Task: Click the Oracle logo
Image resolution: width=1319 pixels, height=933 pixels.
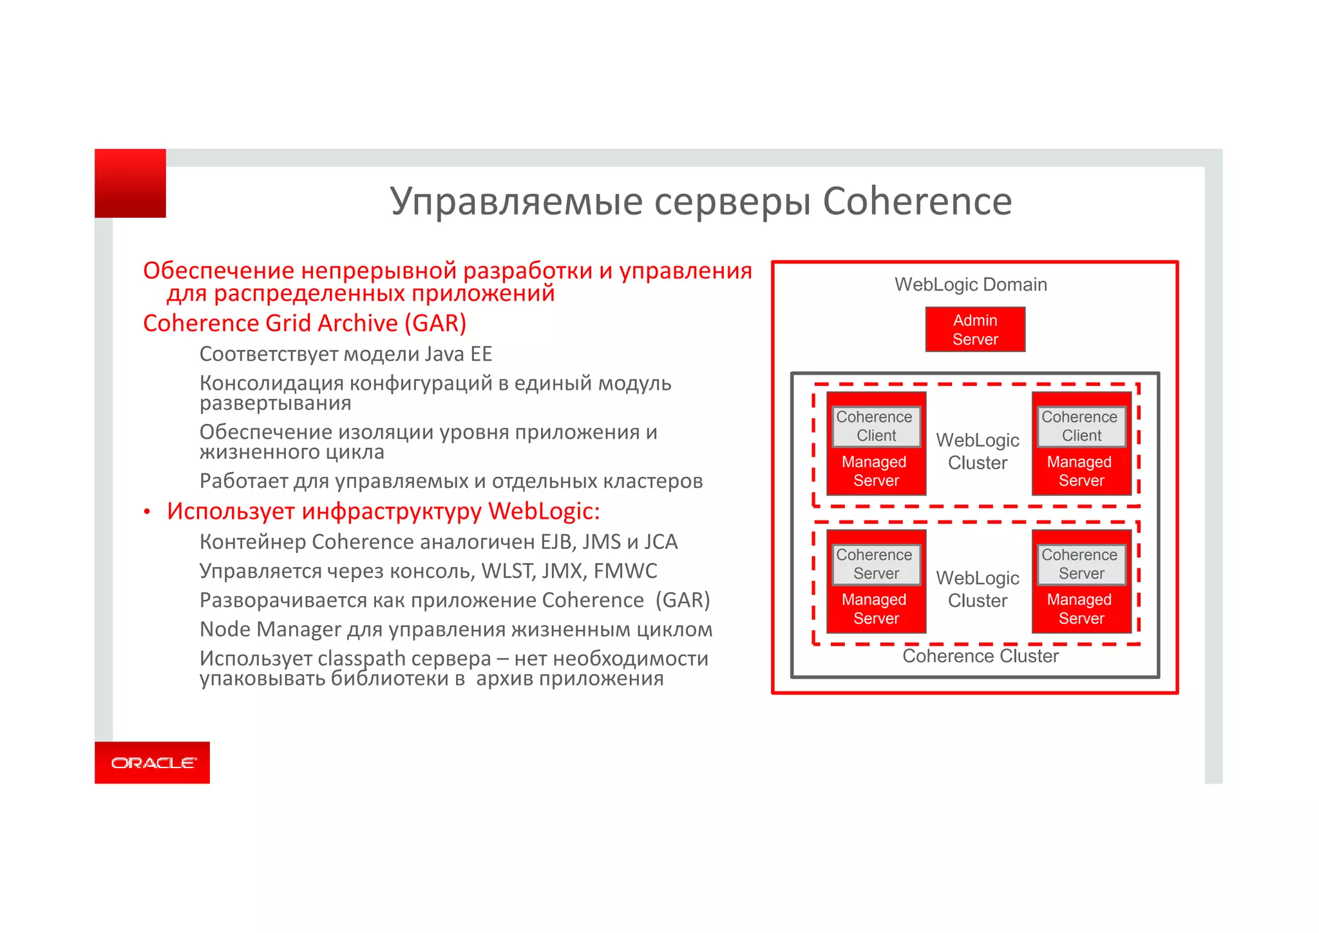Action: click(153, 763)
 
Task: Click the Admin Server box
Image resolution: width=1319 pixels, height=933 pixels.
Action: click(974, 330)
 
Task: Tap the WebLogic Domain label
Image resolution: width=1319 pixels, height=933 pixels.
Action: click(971, 284)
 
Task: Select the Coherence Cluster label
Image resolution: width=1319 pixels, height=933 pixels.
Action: click(980, 656)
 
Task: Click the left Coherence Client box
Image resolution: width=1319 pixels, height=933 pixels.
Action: click(875, 427)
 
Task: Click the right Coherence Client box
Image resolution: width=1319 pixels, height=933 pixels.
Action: click(1081, 427)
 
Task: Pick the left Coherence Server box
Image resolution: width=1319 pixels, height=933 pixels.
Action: click(875, 564)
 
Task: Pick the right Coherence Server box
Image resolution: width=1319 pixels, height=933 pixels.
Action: click(1081, 564)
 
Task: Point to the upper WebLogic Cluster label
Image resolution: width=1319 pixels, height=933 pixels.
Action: click(977, 451)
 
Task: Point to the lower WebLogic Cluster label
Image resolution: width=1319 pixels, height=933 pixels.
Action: click(977, 589)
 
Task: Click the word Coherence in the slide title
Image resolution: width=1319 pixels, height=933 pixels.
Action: click(917, 201)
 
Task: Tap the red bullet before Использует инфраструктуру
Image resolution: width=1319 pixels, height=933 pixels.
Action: click(147, 512)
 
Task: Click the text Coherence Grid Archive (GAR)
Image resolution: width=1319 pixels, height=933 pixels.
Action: click(304, 323)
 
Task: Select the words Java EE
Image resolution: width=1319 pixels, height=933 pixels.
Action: click(459, 354)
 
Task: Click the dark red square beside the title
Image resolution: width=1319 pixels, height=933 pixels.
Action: click(130, 184)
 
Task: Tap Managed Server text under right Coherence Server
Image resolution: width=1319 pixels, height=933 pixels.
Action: click(1080, 609)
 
